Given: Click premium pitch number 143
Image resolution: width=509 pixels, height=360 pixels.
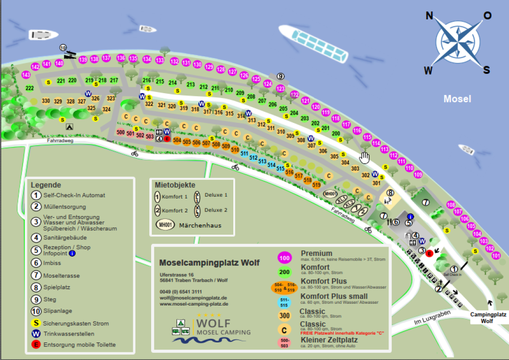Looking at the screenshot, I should coord(26,75).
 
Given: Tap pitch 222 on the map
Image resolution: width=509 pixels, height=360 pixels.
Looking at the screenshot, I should coord(30,88).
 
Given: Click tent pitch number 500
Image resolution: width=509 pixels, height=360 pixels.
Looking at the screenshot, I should coord(121,132).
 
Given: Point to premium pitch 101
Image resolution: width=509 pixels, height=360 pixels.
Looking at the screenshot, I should coord(496,256).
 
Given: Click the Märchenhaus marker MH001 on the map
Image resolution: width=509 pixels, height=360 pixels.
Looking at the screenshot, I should coord(330,194).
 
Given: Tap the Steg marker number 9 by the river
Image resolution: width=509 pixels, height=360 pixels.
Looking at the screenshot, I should coord(281,76).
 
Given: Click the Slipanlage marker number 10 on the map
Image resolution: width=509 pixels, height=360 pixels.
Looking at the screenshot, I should coord(63,48).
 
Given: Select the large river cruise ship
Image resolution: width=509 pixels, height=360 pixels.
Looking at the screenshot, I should coord(313,44).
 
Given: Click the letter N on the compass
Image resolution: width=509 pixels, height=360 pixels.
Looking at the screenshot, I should coord(429,17).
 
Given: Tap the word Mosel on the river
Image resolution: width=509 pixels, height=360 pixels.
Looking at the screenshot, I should coord(457,99).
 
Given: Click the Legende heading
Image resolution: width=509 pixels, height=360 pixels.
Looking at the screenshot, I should coord(46,185).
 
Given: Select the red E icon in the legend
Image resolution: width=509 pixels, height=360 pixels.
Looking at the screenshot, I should coord(35,345).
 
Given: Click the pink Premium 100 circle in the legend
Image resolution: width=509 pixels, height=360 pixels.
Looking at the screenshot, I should coord(285,258).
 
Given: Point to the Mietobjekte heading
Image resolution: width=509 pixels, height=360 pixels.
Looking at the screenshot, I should coord(175,185).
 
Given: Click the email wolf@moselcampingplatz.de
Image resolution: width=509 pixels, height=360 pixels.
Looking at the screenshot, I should coord(193,298).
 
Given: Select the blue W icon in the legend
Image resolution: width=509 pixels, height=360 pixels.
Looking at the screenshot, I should coord(35,334).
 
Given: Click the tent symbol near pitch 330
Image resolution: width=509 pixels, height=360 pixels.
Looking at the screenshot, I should coord(69,127).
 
